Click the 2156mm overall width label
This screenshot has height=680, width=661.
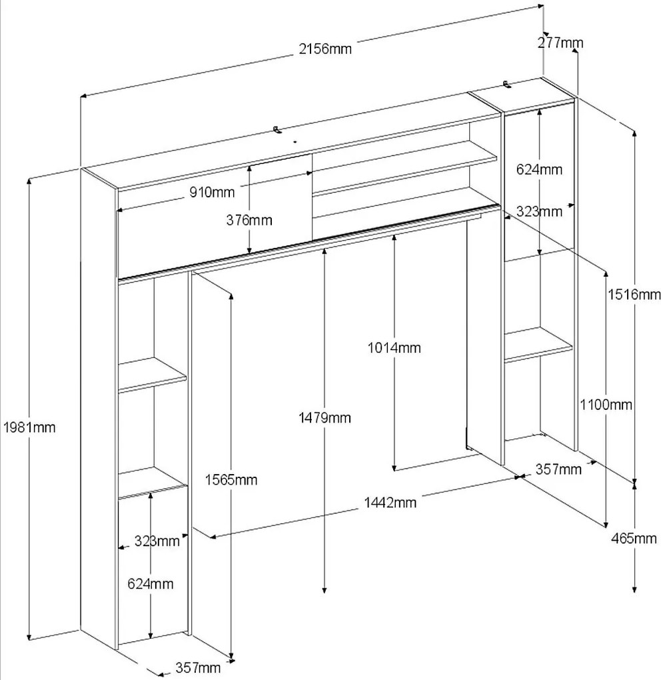point(325,48)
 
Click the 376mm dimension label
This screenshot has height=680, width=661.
point(249,220)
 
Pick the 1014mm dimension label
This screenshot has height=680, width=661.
point(394,347)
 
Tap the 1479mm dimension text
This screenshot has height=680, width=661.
point(325,418)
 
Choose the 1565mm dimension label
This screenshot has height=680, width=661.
point(231,479)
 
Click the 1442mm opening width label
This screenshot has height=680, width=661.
point(389,502)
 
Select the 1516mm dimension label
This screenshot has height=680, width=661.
point(633,294)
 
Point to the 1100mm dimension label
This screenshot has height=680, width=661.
point(605,404)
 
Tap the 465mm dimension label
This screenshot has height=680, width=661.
point(634,538)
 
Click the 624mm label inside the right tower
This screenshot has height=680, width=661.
point(539,169)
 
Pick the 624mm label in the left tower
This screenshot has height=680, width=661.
point(151,584)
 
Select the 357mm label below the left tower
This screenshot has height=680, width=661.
point(198,667)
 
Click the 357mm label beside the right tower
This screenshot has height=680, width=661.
point(558,469)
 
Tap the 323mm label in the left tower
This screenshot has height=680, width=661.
point(155,541)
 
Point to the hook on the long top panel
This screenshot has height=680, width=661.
point(277,129)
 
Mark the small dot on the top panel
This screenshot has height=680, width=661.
point(294,141)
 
